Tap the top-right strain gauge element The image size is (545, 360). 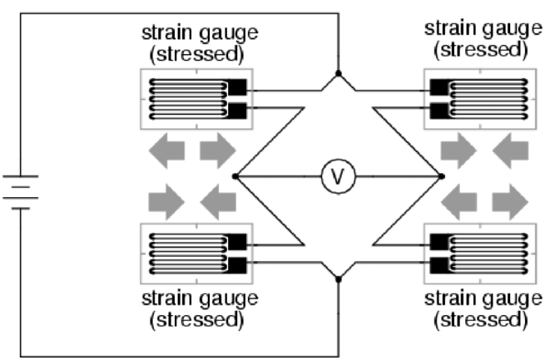pos(475,99)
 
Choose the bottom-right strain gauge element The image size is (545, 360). pos(475,254)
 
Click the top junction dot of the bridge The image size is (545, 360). pos(338,74)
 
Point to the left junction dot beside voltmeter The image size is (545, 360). pos(236,175)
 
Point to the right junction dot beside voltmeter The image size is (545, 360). pos(440,175)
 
